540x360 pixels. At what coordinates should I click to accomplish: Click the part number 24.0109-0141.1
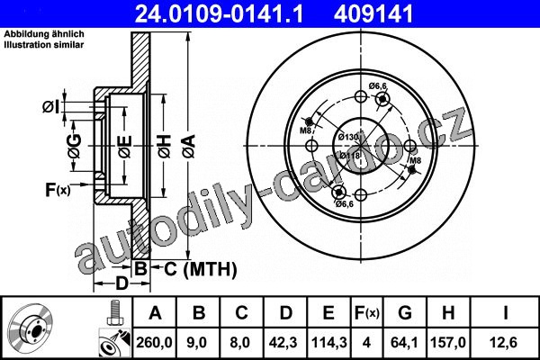point(219,13)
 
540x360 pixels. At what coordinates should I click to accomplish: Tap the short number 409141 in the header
point(373,13)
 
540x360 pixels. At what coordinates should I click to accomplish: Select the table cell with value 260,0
point(154,342)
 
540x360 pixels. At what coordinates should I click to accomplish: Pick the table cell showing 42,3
point(284,342)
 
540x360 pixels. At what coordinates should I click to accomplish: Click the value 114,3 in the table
point(328,342)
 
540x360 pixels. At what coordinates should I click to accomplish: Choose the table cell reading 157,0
point(448,342)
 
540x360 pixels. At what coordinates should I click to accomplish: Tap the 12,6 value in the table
point(504,342)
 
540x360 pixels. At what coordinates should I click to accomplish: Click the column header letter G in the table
point(405,313)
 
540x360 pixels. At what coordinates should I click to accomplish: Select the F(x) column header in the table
point(366,313)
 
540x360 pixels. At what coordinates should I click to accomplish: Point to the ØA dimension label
point(189,146)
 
